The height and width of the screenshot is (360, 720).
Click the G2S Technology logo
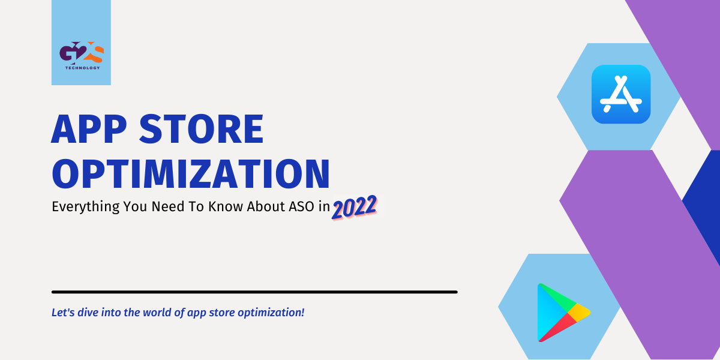81,56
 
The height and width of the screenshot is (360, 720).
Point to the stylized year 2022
355,206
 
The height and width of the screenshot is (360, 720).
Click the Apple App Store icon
621,94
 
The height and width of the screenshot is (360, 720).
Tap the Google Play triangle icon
560,312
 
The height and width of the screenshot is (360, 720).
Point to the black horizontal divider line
254,292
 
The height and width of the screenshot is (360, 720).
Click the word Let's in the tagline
62,313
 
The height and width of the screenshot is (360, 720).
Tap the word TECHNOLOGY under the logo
81,68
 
